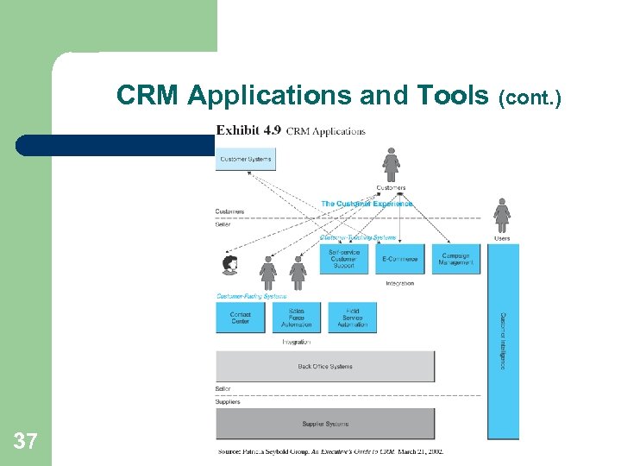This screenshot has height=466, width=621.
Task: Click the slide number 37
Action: point(25,442)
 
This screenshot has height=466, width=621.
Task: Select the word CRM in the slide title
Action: point(147,96)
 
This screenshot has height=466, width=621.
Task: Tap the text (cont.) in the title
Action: point(529,98)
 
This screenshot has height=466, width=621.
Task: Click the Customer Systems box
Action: point(246,159)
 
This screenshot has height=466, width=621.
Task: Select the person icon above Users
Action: point(502,214)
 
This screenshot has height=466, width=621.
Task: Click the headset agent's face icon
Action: point(230,264)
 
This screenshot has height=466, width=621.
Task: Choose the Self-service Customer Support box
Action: point(344,259)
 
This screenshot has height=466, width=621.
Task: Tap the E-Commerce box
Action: point(399,259)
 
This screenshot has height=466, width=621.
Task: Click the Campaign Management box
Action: point(455,259)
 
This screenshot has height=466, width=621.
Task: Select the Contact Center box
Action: point(241,318)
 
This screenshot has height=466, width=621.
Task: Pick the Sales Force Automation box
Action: point(297,318)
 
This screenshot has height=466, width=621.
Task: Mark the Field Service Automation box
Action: point(353,318)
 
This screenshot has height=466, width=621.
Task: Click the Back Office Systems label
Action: point(325,367)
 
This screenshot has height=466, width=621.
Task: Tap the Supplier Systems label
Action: point(325,424)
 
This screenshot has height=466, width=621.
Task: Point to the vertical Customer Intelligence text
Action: point(504,342)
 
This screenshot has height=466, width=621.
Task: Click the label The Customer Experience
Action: point(367,204)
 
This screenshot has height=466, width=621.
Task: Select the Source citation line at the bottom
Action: point(330,451)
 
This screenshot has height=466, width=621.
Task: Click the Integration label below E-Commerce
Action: point(399,283)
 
